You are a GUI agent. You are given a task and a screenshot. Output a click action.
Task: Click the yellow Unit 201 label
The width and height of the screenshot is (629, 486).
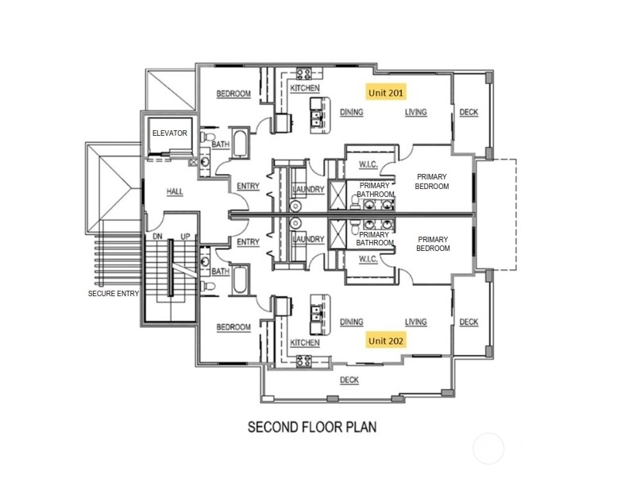pos(386,92)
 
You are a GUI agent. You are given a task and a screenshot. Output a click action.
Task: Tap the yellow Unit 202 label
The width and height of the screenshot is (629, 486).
pos(386,341)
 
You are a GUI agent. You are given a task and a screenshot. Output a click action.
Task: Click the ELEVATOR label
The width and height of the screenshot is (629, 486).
pos(169,133)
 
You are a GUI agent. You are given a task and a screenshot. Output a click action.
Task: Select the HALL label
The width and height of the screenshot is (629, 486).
pos(175,191)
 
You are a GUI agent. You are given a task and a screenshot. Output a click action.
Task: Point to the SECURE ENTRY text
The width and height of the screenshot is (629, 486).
pos(114,294)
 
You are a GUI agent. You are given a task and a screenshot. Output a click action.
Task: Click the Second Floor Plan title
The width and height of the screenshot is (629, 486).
pos(312,426)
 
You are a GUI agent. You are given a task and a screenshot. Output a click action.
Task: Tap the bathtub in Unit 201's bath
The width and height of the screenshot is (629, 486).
pos(241,143)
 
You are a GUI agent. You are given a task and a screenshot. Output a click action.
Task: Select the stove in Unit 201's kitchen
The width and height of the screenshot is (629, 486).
pos(303,74)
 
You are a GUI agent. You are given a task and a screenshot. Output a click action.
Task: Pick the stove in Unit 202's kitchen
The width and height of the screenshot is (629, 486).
pos(303,361)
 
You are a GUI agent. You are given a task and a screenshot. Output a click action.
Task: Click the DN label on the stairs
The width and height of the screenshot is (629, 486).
pos(158,236)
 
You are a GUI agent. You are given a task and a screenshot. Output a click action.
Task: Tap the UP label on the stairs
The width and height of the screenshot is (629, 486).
pos(185,236)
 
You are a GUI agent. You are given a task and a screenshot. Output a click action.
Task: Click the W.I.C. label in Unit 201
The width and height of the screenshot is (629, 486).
pos(368,164)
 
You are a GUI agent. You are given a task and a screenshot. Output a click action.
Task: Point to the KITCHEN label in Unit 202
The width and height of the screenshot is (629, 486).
pos(305,342)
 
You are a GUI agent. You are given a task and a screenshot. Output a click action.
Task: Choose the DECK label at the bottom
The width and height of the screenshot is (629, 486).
pos(349,380)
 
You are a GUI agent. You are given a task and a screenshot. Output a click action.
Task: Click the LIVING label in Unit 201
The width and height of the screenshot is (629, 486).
pos(415,112)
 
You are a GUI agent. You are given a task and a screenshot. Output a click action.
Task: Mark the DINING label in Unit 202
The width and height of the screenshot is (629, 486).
pos(351,322)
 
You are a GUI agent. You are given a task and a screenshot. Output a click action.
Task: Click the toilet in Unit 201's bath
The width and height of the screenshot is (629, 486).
pos(207,136)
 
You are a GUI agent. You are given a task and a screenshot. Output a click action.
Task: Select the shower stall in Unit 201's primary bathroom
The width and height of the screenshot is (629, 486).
pos(337,195)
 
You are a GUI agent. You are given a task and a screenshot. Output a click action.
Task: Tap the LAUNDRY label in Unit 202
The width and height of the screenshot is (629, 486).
pos(308,239)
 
